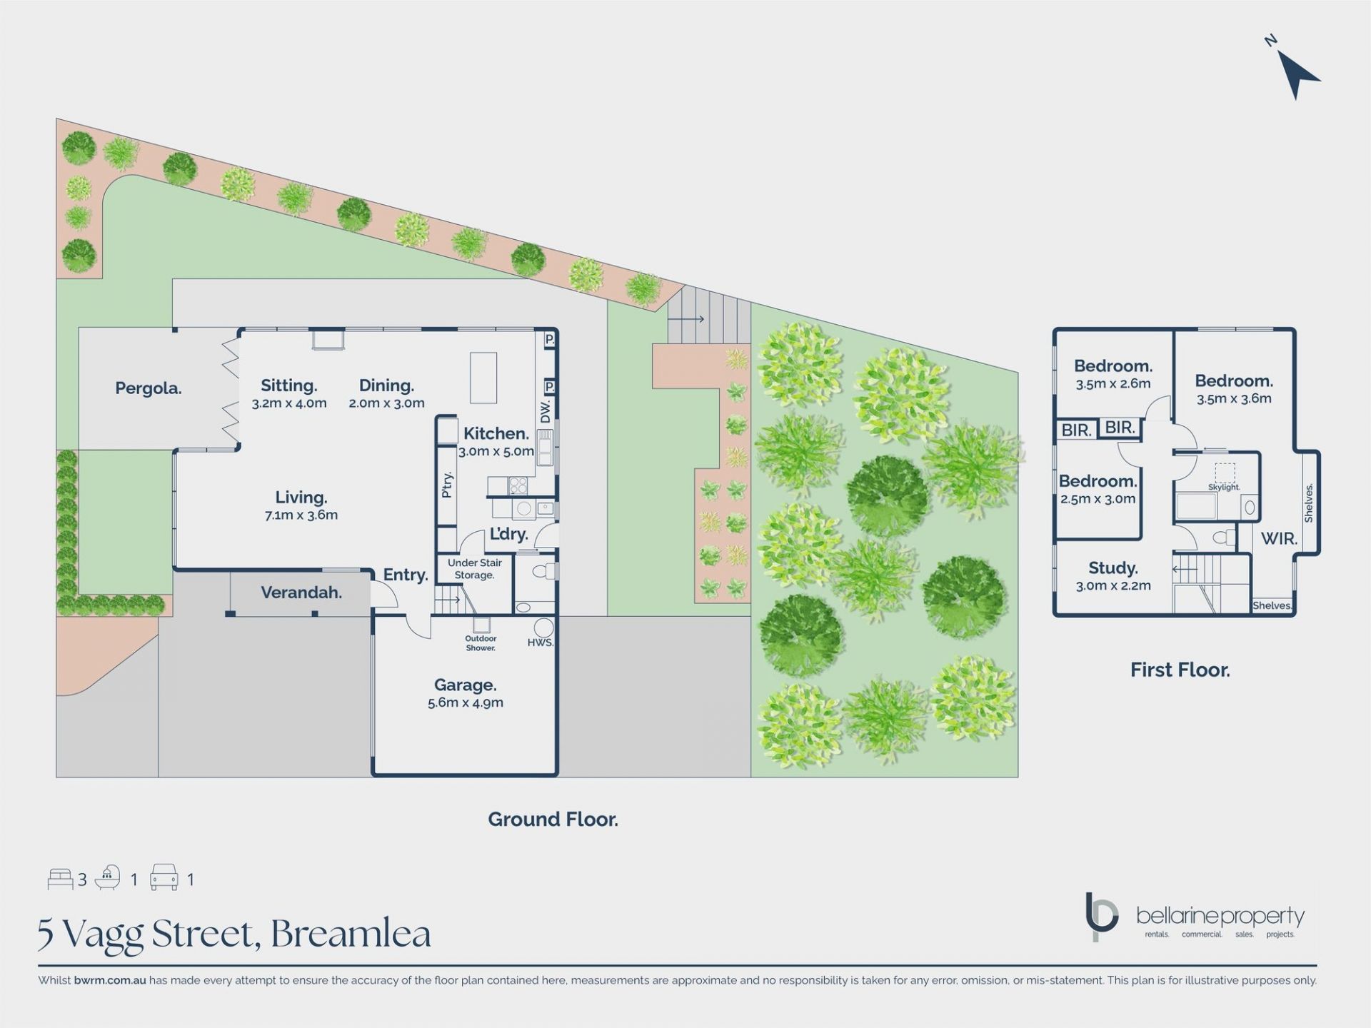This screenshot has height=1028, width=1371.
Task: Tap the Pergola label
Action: tap(149, 388)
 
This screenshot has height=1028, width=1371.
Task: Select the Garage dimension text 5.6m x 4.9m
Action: tap(466, 702)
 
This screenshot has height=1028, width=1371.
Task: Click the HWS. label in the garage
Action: tap(541, 642)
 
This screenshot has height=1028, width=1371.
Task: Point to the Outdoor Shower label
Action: tap(481, 643)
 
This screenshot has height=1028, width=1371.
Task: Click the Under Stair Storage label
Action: tap(474, 569)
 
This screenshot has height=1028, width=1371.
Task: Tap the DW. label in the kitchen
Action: tap(546, 410)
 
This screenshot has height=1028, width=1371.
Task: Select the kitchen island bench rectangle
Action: tap(483, 378)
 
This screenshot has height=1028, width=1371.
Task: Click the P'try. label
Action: tap(447, 485)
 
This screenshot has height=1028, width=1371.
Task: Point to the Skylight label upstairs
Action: tap(1224, 487)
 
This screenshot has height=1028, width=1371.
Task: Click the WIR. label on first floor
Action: tap(1279, 539)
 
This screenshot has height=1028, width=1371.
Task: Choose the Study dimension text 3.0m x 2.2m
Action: tap(1113, 586)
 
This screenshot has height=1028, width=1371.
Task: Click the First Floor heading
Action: tap(1180, 670)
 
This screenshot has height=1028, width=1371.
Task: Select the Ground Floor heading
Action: tap(553, 820)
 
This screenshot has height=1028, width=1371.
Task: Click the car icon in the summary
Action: tap(164, 877)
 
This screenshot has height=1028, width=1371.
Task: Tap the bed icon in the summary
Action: tap(61, 879)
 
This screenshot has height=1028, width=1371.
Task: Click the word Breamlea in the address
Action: tap(351, 934)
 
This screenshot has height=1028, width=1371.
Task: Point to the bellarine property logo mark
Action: tap(1100, 915)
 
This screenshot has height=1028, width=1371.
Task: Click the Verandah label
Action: tap(301, 593)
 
